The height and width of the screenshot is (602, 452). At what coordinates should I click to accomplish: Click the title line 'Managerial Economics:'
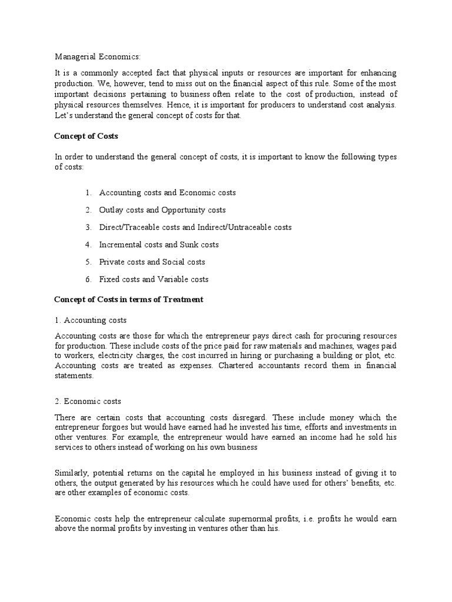point(98,56)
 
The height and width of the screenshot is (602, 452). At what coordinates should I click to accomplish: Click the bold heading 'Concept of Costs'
point(86,136)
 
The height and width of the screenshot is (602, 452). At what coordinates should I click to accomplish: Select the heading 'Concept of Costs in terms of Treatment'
point(129,299)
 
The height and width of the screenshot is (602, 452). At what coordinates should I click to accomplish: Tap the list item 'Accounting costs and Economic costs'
point(167,193)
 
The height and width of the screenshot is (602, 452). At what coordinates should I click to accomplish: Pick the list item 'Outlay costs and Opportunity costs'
point(162,210)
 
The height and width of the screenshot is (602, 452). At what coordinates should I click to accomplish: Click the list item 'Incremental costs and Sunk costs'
point(159,245)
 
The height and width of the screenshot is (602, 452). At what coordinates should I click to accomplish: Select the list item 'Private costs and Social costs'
point(152,262)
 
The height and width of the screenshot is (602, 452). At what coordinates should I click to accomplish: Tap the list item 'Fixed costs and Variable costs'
point(154,279)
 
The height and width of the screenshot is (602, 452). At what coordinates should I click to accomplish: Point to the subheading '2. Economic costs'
point(88,402)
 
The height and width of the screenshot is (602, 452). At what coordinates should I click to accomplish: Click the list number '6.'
point(88,279)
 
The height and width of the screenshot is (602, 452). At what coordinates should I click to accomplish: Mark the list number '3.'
point(88,227)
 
